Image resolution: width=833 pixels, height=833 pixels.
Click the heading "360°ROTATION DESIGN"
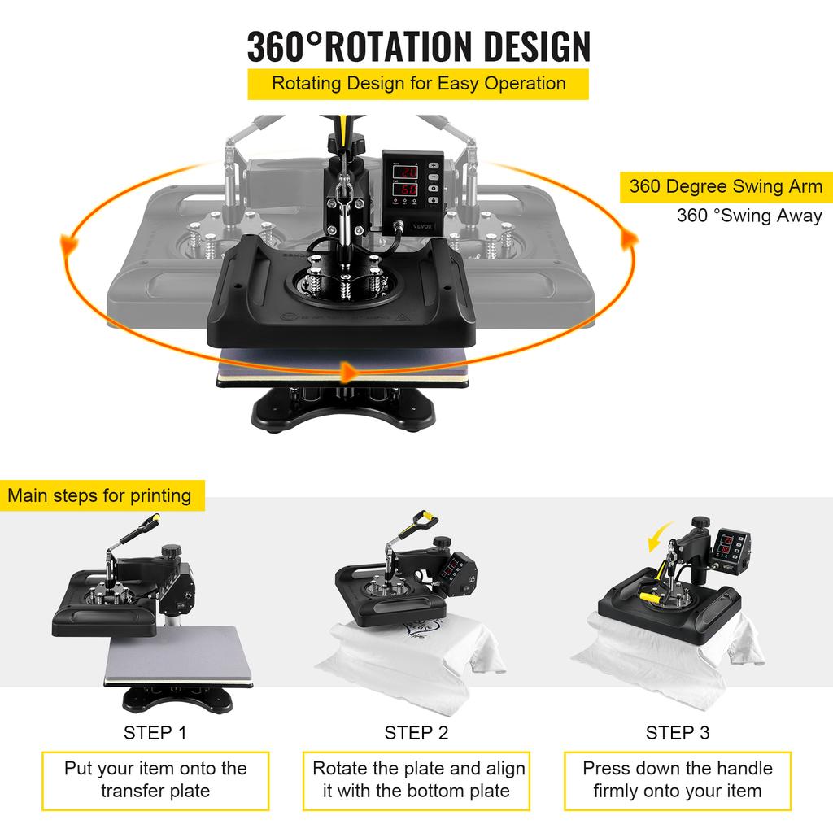(x=418, y=46)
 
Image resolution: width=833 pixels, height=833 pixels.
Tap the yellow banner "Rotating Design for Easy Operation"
(x=418, y=84)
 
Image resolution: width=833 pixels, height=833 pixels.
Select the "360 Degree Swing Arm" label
(x=726, y=186)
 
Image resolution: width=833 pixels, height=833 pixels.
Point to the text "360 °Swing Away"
(x=749, y=216)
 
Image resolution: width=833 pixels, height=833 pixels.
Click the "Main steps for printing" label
(x=99, y=495)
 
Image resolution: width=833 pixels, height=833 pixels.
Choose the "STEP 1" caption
(x=155, y=732)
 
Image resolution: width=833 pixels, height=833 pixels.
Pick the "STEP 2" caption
(x=416, y=732)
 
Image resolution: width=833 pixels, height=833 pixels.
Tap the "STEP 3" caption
(x=677, y=732)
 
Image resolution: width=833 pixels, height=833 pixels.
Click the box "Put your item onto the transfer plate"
(x=155, y=779)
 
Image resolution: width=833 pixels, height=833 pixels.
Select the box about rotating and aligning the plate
(x=416, y=779)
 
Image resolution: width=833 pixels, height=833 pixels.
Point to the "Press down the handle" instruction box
(x=678, y=779)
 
